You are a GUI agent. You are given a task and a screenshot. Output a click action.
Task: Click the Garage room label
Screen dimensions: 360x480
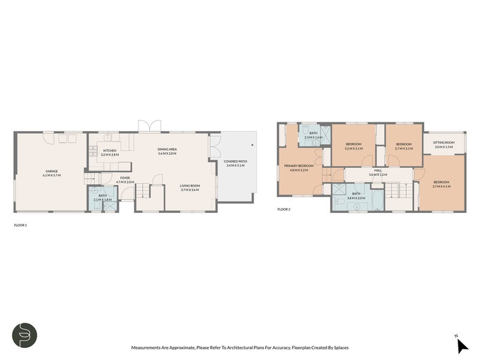52,171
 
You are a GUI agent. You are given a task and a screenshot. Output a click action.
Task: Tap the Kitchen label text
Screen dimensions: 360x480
110,151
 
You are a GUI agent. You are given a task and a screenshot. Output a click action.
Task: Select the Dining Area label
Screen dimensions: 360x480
167,149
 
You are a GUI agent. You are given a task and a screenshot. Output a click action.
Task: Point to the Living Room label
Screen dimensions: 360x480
190,185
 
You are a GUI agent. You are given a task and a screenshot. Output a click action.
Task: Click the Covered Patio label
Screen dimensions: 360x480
235,161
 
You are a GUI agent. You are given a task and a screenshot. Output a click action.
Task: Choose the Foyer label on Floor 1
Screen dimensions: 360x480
125,178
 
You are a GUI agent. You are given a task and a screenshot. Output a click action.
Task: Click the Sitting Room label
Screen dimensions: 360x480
444,142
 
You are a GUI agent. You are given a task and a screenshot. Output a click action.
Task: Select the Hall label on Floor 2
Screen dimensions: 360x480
378,170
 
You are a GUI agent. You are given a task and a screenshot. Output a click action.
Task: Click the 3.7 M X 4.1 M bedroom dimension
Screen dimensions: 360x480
441,187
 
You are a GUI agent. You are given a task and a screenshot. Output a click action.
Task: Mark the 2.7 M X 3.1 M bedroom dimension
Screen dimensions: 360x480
404,148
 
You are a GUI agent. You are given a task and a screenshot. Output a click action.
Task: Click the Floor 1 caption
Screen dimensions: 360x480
20,225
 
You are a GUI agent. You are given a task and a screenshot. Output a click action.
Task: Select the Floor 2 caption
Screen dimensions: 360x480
283,209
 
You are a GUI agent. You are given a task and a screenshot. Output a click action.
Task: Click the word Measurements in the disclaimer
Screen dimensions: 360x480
146,347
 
